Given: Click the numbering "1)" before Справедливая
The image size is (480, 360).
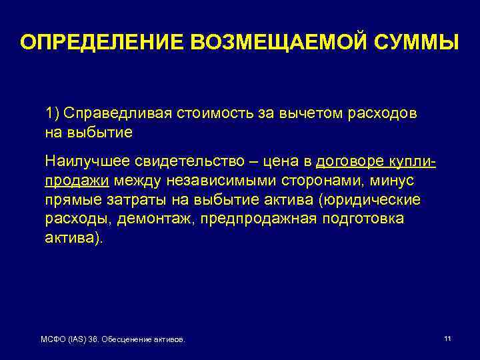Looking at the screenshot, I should pyautogui.click(x=53, y=113).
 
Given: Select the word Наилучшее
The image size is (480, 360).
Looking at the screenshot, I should pyautogui.click(x=85, y=162).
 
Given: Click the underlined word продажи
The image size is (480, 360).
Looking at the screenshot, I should pyautogui.click(x=77, y=181).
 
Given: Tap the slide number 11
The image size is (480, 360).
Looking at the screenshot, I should pyautogui.click(x=447, y=339).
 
